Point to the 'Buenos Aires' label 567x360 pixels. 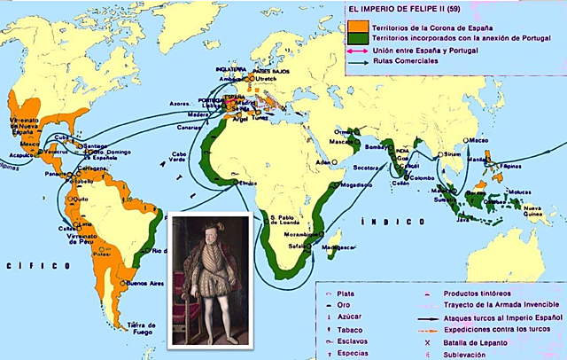[122, 284]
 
